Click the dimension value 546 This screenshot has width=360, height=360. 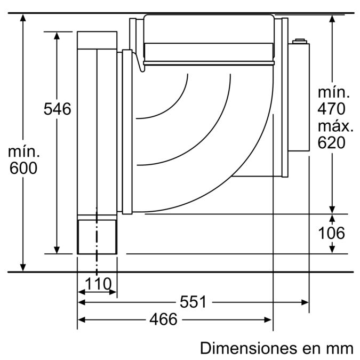(x=57, y=109)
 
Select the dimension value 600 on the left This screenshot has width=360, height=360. (x=23, y=169)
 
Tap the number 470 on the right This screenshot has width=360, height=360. (x=331, y=109)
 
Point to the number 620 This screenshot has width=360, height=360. (x=331, y=143)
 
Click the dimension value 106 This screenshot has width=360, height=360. (x=331, y=233)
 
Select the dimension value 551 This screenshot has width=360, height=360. (x=193, y=302)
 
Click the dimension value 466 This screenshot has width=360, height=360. (x=163, y=319)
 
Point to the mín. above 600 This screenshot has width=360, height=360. (x=22, y=151)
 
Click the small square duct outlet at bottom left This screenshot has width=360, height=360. (x=97, y=235)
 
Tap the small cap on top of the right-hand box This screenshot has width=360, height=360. (x=299, y=41)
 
